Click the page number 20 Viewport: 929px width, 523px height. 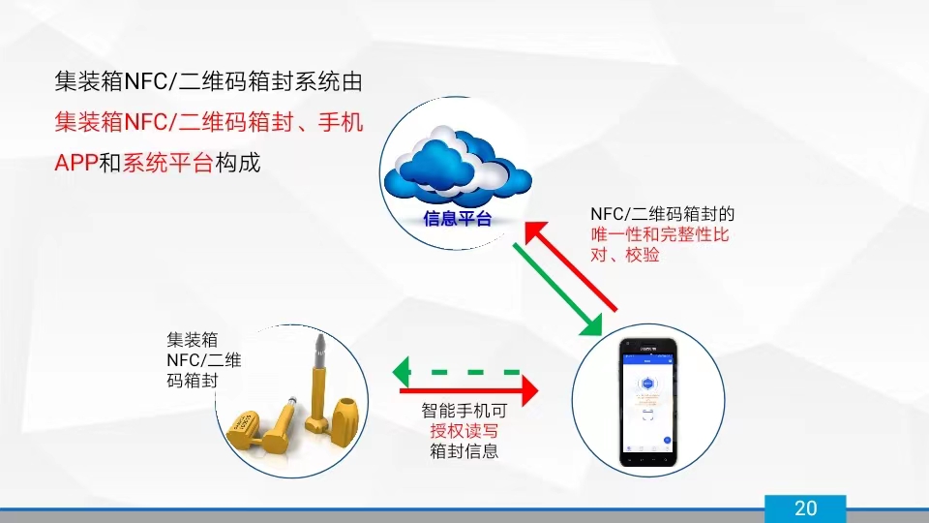pos(805,508)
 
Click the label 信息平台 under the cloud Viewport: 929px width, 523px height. pos(457,219)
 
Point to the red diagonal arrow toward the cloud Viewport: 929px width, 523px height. pos(571,266)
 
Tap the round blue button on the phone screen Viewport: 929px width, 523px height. pos(667,440)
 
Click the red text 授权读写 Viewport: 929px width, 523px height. pos(464,431)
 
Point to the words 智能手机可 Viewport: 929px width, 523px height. pos(464,412)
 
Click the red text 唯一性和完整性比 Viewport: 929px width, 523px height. pos(660,235)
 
